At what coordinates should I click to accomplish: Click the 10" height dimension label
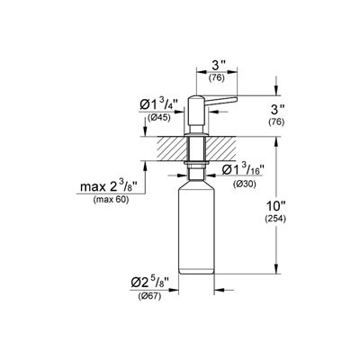tap(275, 207)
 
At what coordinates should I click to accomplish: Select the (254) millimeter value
tap(275, 220)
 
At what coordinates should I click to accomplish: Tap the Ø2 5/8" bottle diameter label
tap(150, 283)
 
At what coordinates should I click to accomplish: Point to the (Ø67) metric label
tap(149, 296)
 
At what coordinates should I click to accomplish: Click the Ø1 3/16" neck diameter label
tap(243, 171)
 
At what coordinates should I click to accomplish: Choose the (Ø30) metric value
tap(245, 184)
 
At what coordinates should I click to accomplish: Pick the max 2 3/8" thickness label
tap(109, 186)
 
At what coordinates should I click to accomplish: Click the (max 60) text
tap(111, 200)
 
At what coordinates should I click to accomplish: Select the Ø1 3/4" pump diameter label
tap(158, 105)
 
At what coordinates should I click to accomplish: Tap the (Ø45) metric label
tap(158, 118)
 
